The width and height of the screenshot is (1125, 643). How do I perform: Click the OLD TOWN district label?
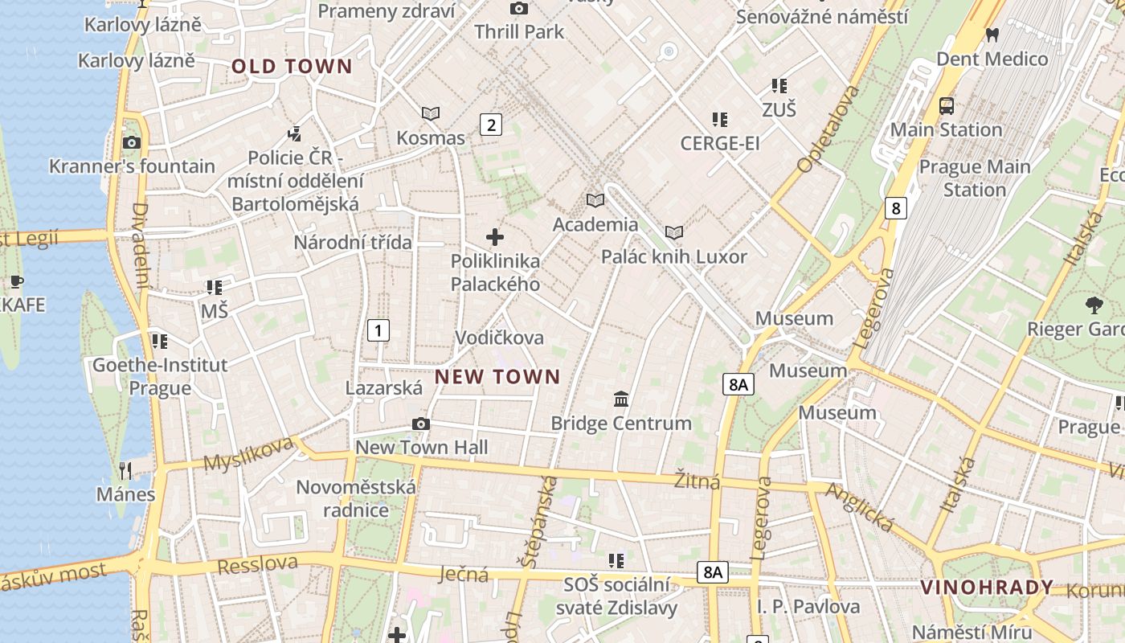click(292, 67)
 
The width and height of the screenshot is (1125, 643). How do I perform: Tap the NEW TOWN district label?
click(497, 376)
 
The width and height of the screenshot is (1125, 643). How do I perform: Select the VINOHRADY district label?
click(987, 588)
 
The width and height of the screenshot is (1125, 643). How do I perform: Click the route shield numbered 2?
click(491, 125)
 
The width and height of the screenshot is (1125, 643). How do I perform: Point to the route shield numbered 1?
click(378, 330)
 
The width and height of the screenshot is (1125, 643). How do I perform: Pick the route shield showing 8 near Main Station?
click(896, 208)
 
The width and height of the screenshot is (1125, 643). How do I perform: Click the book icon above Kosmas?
click(431, 114)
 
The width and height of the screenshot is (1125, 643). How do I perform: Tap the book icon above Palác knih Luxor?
click(674, 233)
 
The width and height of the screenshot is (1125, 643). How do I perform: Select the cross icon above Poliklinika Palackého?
click(495, 237)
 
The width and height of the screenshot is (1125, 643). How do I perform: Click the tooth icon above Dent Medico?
click(992, 35)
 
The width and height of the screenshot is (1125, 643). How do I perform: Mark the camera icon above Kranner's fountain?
click(132, 143)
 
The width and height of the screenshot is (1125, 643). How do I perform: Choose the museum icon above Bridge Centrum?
click(621, 399)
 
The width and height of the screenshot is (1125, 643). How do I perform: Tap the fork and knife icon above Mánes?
click(125, 469)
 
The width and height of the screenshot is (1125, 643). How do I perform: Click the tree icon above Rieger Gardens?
click(1093, 305)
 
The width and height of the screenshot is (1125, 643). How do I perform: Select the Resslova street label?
click(257, 564)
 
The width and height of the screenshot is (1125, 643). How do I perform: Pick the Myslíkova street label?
click(247, 454)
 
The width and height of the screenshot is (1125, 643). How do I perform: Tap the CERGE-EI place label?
click(720, 144)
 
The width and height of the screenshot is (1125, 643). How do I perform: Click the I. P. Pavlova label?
click(808, 607)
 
